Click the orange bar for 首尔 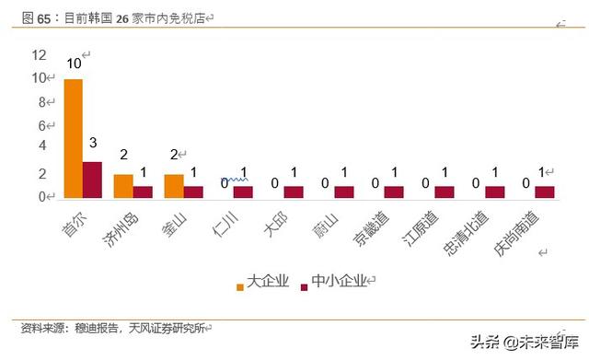coord(73,138)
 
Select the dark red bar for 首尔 coord(92,180)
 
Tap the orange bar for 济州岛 coord(123,185)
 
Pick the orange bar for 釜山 coord(174,185)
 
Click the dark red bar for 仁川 coord(243,192)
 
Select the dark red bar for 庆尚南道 coord(545,192)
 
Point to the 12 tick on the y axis coord(39,55)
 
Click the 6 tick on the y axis coord(41,125)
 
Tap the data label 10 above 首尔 coord(74,64)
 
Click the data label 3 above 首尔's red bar coord(93,145)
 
